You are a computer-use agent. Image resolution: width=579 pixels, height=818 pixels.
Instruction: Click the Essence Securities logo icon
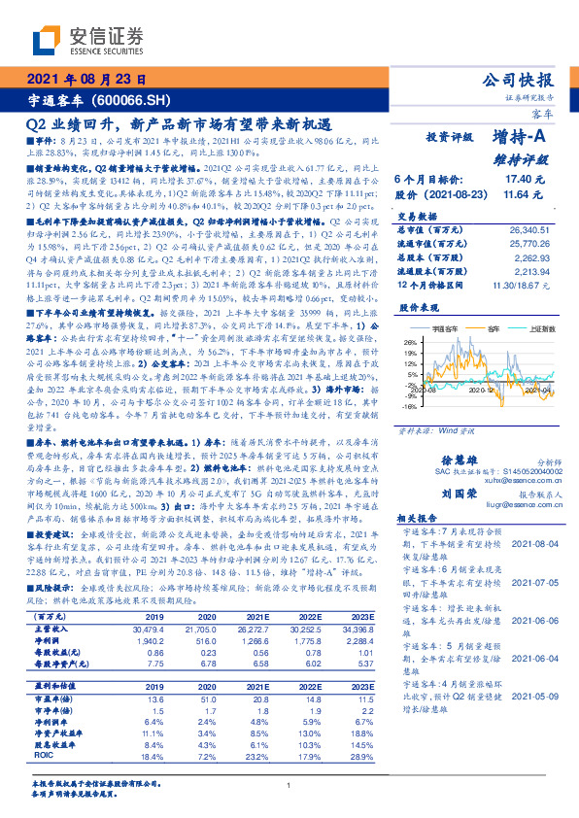45,40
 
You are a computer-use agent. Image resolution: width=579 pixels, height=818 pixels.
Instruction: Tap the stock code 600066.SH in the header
135,99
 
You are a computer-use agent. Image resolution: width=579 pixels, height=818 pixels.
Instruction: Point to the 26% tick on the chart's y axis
409,343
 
